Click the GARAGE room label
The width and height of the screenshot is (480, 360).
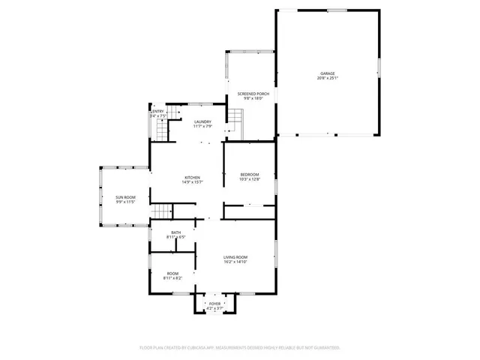click(328, 73)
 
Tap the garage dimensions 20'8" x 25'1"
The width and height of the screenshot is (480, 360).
click(328, 78)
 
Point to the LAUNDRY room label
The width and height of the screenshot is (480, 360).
click(202, 121)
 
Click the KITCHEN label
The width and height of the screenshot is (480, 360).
click(193, 177)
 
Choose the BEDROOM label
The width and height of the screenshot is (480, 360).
click(250, 174)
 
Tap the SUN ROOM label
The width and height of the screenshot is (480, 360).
click(125, 196)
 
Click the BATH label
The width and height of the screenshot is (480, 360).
click(175, 232)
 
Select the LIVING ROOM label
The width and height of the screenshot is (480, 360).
click(235, 257)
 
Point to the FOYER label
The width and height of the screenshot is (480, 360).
click(215, 304)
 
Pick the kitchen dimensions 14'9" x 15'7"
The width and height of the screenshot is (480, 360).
click(193, 181)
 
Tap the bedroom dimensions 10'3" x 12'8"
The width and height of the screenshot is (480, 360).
click(250, 178)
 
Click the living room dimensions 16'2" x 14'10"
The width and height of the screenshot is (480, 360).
click(235, 262)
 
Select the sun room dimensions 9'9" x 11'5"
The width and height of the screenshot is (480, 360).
click(125, 201)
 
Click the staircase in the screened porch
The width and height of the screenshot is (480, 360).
click(236, 118)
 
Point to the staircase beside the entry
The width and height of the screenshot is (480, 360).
click(174, 113)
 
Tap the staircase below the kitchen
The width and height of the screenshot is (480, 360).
click(163, 211)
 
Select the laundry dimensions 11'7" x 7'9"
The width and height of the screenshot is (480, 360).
click(202, 126)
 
